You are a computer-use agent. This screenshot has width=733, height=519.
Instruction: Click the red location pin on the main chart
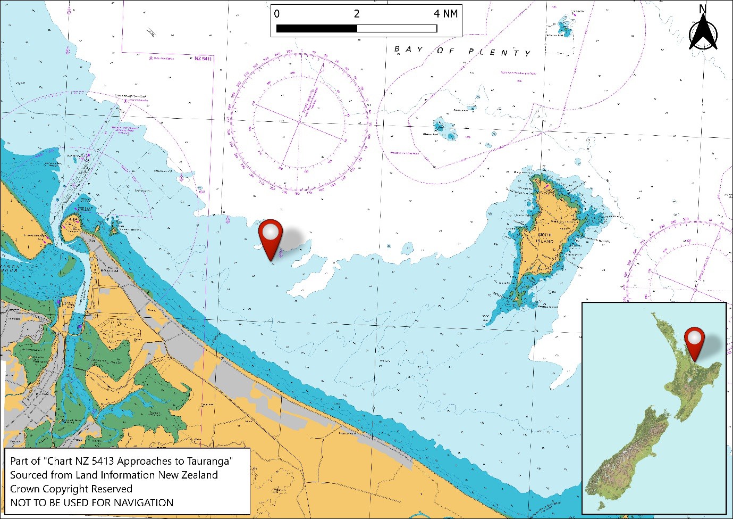pyautogui.click(x=271, y=237)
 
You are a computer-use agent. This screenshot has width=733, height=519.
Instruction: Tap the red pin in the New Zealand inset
pyautogui.click(x=694, y=341)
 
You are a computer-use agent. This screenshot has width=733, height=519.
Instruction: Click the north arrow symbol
pyautogui.click(x=703, y=33)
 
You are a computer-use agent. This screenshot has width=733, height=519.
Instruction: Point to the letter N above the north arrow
pyautogui.click(x=703, y=9)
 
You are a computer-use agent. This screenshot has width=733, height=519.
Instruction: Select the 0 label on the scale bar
pyautogui.click(x=276, y=14)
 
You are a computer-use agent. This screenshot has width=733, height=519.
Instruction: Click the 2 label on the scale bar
pyautogui.click(x=357, y=14)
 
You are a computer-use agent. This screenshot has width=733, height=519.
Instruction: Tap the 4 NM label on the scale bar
pyautogui.click(x=445, y=14)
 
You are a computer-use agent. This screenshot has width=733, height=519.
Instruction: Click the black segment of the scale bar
pyautogui.click(x=317, y=29)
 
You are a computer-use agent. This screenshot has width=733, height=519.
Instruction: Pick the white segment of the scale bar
pyautogui.click(x=397, y=29)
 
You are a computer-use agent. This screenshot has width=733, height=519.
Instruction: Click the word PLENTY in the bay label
pyautogui.click(x=499, y=52)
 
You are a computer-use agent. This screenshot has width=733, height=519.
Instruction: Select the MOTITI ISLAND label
pyautogui.click(x=545, y=238)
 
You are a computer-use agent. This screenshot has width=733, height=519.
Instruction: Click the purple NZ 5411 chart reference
pyautogui.click(x=203, y=59)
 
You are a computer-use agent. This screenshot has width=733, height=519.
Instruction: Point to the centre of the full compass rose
pyautogui.click(x=299, y=122)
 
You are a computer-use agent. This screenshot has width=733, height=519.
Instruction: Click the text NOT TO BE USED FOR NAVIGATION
pyautogui.click(x=91, y=502)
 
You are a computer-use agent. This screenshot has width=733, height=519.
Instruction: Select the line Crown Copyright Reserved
pyautogui.click(x=71, y=489)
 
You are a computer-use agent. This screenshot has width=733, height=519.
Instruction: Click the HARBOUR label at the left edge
pyautogui.click(x=9, y=270)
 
